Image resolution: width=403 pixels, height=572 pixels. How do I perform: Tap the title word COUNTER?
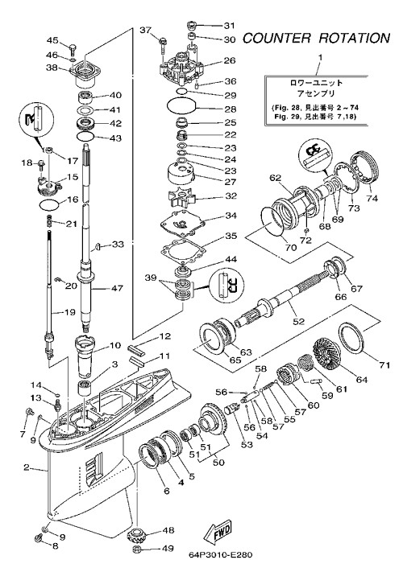coord(277,39)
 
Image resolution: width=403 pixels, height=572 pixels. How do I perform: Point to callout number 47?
coord(118,288)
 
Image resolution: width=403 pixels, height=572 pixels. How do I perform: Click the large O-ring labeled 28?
coord(181,107)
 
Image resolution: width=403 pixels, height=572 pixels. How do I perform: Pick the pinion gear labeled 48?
coord(137,536)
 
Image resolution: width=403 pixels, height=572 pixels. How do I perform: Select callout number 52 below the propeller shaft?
coord(298,321)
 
